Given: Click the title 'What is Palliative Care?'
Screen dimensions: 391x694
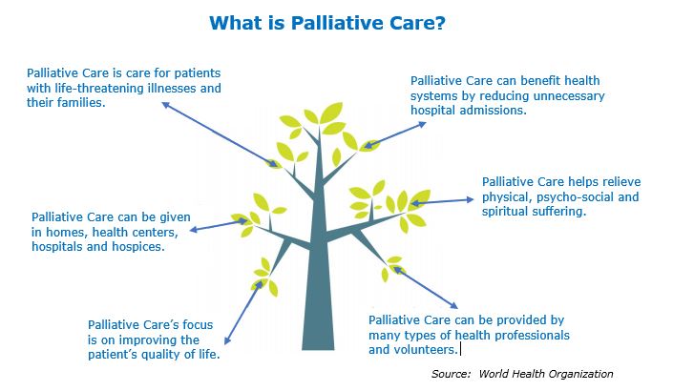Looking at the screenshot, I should [x=347, y=21].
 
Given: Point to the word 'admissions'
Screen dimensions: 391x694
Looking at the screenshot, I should [x=493, y=111].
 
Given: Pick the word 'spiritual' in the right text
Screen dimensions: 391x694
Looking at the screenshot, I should [x=511, y=211].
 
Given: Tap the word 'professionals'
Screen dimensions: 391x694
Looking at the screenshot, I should [x=531, y=335].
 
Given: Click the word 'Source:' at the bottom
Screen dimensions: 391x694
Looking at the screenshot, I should [x=452, y=374].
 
